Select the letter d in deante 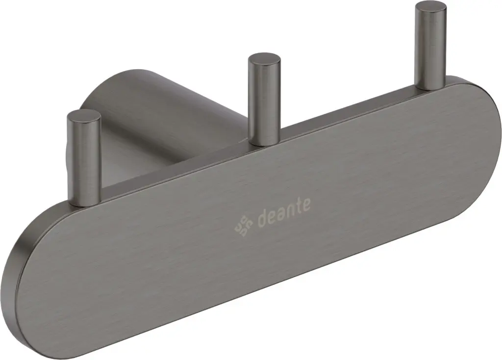[x=263, y=217]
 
